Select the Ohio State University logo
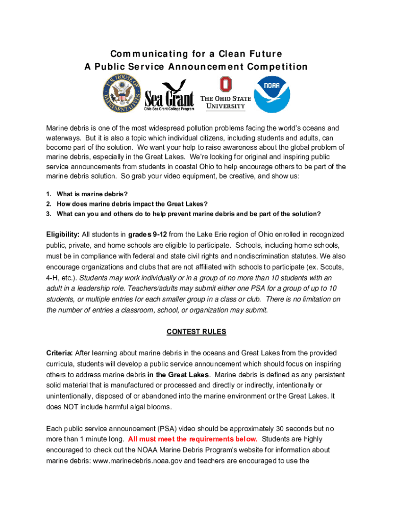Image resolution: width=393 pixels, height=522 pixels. click(225, 94)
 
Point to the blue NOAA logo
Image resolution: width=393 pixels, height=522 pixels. click(273, 95)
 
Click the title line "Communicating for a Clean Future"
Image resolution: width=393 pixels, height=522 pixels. click(196, 54)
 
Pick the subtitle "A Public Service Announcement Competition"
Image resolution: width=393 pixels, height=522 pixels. click(196, 67)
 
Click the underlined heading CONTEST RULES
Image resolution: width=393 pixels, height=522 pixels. click(196, 332)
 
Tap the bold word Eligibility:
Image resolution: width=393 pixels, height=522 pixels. click(63, 234)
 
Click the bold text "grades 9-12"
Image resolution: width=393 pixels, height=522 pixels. click(148, 234)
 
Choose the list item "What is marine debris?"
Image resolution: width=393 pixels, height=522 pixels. click(92, 194)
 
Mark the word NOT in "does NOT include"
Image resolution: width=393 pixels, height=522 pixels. click(72, 407)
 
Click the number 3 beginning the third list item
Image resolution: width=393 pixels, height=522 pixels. click(48, 214)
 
